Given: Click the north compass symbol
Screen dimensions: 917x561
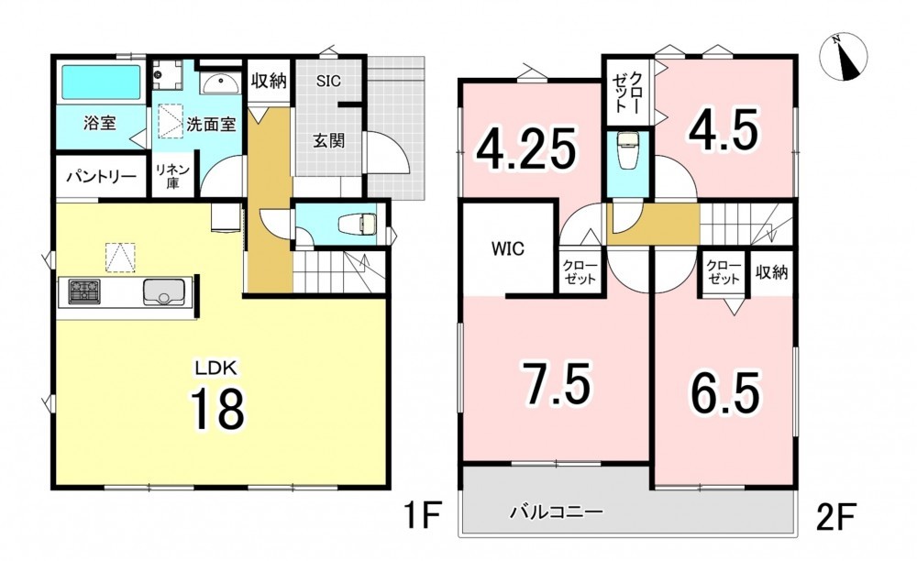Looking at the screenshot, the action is coord(844,57).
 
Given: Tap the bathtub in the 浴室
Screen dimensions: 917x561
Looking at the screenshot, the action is coord(101,82).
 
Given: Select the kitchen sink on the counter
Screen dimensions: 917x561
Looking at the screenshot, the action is coord(164,291).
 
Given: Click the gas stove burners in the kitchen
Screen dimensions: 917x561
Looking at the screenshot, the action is coord(84,291).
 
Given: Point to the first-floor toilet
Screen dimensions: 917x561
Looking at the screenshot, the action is coord(359,223).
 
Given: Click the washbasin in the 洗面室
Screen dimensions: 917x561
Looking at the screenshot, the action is coord(219,84).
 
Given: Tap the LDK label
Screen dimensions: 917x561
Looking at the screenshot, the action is coord(215,368).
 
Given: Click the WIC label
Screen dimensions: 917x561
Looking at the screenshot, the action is coord(508,249).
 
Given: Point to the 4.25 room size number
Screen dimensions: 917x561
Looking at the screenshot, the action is coord(525,148).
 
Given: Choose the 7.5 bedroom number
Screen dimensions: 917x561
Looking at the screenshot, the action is coord(557,383).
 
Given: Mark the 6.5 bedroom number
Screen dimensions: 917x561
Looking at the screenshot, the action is coord(725,391).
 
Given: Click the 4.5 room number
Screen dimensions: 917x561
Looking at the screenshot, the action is coord(723,130).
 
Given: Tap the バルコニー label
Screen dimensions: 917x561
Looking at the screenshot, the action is coord(556,513).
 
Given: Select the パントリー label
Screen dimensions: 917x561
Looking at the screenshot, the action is coord(101,176).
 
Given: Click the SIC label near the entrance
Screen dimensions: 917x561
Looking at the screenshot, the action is coord(328,81).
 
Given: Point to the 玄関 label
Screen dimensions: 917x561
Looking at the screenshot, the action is coord(328,140).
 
